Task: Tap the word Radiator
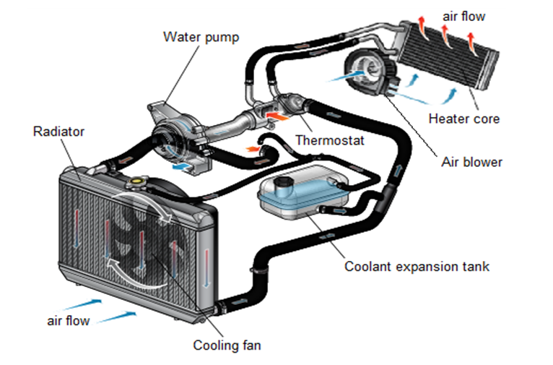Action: click(59, 132)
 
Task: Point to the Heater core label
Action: click(463, 119)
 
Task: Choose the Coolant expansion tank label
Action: click(417, 267)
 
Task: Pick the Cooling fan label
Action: click(227, 345)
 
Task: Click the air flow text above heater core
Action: click(463, 15)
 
